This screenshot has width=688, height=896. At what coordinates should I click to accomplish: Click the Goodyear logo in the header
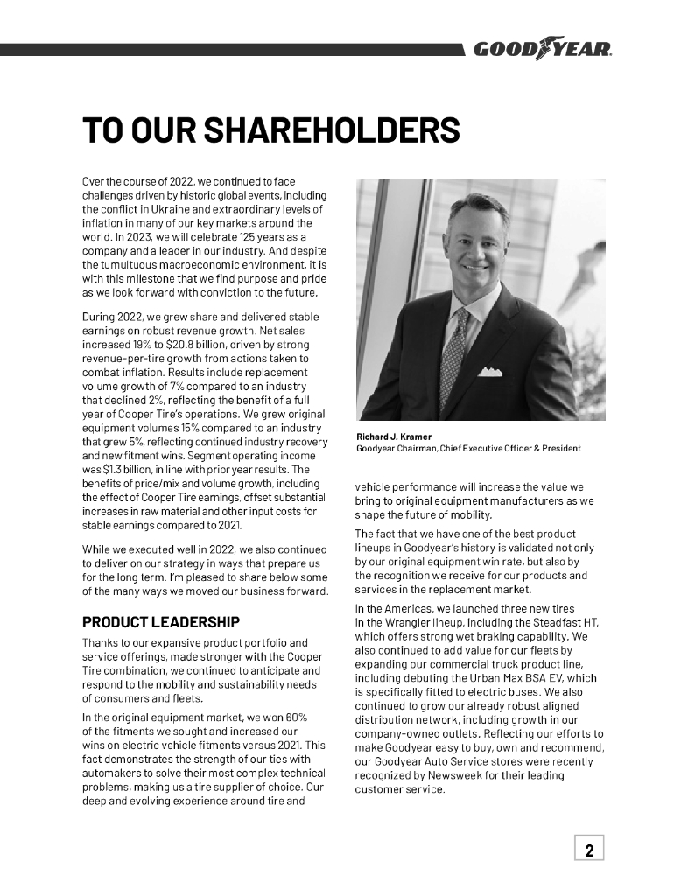[542, 50]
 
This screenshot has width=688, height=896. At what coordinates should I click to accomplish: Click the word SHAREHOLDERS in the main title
[332, 130]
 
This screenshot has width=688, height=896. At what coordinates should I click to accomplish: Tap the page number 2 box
[589, 849]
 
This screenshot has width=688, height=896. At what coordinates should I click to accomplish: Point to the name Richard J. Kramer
[393, 437]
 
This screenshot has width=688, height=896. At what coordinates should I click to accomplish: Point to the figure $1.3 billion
[114, 469]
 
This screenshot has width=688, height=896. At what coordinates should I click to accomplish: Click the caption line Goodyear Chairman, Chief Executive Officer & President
[468, 449]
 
